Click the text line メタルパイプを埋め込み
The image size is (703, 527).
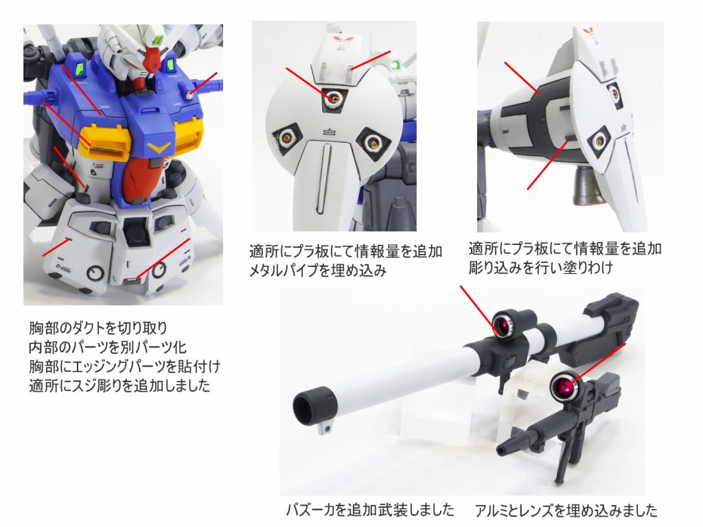pos(318,270)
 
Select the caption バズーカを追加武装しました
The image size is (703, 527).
pos(370,510)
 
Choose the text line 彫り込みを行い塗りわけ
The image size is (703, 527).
pos(540,267)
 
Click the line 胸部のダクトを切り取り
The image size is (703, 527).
pos(99,327)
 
